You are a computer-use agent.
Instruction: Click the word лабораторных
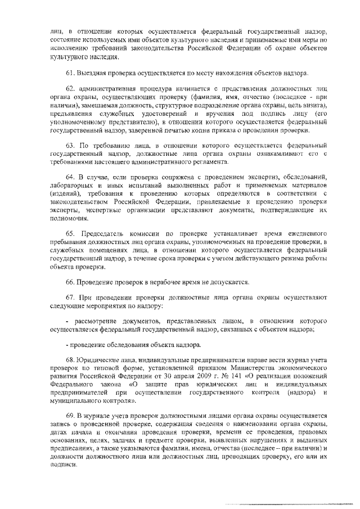point(71,186)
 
